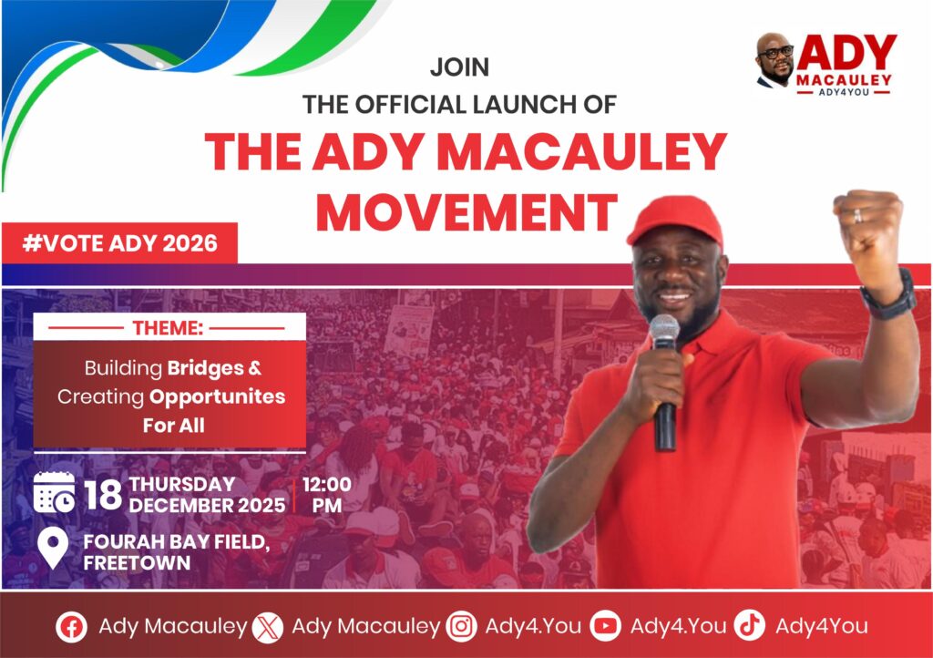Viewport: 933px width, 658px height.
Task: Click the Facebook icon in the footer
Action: (71, 626)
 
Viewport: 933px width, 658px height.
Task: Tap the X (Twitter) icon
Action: (267, 627)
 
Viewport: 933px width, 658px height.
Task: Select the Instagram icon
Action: (461, 626)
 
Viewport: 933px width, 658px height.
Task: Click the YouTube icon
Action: (606, 626)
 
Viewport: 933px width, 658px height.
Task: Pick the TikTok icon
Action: (749, 626)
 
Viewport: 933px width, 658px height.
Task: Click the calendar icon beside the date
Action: (54, 492)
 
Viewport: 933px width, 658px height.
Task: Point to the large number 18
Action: (103, 495)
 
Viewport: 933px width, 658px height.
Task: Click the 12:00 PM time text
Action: (327, 494)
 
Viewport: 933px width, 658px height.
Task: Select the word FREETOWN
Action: (137, 563)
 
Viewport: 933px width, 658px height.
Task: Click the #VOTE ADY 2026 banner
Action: (119, 242)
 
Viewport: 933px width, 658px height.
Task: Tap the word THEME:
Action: (168, 328)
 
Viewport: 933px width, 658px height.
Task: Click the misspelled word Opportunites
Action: (217, 396)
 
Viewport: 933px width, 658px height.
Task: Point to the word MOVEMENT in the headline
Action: (466, 211)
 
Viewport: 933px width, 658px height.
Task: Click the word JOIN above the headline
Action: (459, 67)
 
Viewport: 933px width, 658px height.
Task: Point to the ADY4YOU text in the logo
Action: (844, 92)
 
